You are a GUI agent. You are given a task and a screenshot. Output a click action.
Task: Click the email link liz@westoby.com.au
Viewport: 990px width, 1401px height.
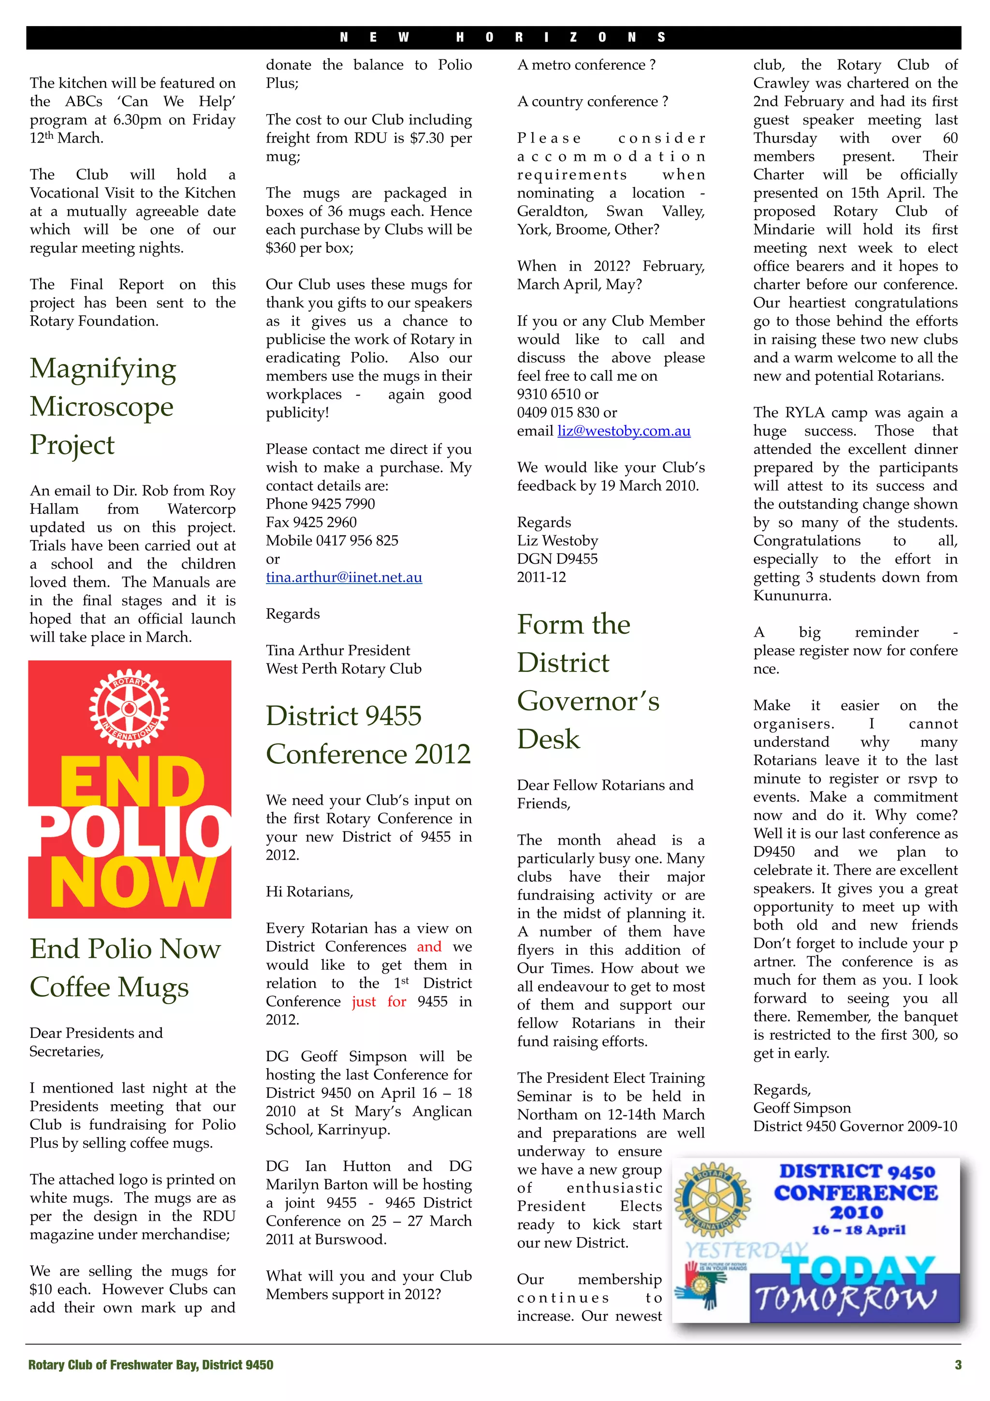click(x=624, y=431)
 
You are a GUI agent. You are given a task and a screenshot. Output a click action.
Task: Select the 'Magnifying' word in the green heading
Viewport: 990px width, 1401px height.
click(x=103, y=368)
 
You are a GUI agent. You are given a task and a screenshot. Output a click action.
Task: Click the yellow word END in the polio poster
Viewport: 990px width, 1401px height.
click(x=132, y=782)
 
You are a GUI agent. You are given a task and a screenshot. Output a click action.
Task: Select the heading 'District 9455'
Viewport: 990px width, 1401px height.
click(x=343, y=716)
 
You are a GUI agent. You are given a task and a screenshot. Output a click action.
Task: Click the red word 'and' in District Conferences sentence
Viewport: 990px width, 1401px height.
click(x=429, y=947)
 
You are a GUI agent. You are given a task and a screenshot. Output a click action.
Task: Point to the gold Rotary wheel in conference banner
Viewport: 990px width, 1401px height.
click(x=712, y=1198)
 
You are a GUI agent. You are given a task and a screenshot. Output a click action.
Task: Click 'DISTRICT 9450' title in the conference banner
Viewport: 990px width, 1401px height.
click(x=857, y=1171)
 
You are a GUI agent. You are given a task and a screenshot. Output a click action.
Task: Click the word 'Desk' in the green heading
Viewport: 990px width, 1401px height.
click(x=548, y=739)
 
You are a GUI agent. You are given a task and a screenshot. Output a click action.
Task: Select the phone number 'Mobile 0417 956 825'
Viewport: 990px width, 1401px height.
click(x=332, y=540)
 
